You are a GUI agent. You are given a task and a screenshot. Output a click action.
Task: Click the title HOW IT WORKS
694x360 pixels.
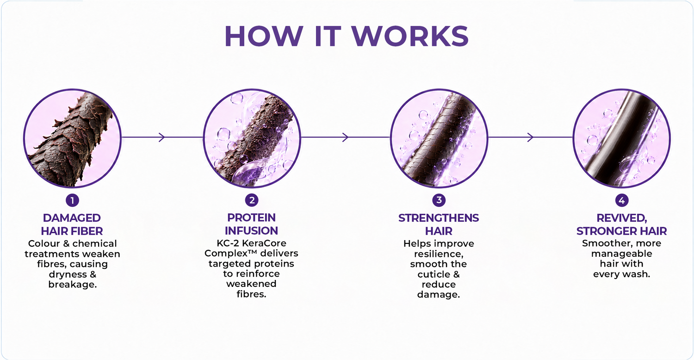tap(347, 36)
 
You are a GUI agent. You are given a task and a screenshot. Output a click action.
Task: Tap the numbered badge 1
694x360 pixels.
tap(72, 200)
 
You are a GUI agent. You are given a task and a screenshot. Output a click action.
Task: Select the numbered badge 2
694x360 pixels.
tap(252, 200)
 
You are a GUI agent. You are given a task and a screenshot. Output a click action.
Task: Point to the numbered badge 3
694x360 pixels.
tap(439, 200)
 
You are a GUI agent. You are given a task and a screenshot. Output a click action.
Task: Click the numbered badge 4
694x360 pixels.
tap(621, 200)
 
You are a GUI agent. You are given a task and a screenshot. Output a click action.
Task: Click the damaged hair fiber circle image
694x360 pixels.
tap(72, 138)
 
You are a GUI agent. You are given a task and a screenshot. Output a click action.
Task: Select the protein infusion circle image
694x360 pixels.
tap(252, 138)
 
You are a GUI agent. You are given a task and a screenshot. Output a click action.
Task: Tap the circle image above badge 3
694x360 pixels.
tap(439, 138)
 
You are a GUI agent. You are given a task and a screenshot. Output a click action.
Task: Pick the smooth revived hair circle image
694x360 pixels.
tap(621, 138)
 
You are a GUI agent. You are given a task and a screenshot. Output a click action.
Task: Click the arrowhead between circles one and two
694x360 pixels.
tap(162, 137)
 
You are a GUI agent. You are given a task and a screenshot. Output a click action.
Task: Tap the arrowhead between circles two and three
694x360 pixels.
tap(345, 137)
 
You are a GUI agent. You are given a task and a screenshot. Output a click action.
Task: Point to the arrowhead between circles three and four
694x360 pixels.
tap(530, 137)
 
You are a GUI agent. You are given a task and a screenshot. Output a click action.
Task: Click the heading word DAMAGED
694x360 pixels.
tap(72, 218)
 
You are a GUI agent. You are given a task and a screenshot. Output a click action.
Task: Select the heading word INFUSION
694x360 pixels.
tap(251, 231)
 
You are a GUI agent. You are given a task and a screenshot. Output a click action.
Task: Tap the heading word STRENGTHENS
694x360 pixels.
tap(439, 218)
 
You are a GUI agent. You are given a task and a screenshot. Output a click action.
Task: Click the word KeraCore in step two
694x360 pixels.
tap(263, 243)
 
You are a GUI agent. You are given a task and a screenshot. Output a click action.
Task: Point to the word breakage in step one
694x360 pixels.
tap(73, 285)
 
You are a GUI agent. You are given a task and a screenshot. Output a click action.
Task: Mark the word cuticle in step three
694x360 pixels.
tap(434, 274)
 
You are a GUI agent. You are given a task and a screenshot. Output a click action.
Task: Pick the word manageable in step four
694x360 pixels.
tap(621, 254)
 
